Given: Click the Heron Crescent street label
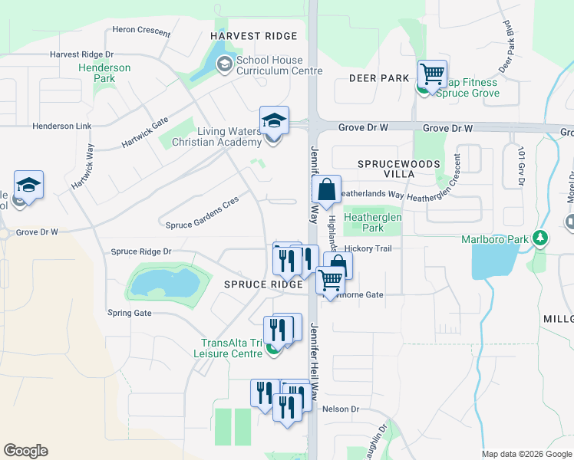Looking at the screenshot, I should pos(141,30).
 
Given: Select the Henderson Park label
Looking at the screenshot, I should pos(104,73).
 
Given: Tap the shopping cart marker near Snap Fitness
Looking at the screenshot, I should pos(432,75).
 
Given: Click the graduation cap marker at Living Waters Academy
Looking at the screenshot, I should pos(274,121).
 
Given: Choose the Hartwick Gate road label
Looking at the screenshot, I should pos(144,133).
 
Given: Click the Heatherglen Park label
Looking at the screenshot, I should pos(373,222).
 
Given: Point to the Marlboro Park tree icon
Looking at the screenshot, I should pos(542,238).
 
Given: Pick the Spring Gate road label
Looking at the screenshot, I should pos(130,313).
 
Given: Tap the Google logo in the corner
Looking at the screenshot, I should pos(25,451).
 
